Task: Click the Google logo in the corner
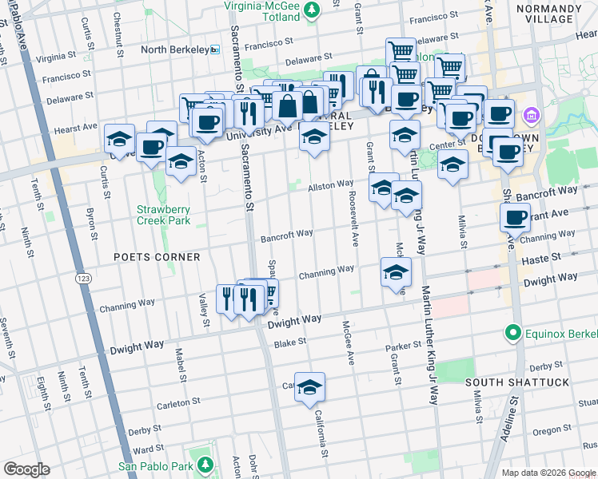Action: pos(26,469)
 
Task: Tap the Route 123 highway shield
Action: pos(83,278)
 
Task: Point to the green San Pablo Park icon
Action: pos(205,464)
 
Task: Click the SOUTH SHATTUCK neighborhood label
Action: pos(517,382)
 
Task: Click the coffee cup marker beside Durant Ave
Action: pos(516,216)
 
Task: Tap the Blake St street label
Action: pos(290,342)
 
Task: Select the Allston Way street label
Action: pos(331,184)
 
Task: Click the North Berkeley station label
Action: pos(173,49)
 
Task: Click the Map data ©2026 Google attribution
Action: pos(548,473)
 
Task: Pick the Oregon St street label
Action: pos(549,430)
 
